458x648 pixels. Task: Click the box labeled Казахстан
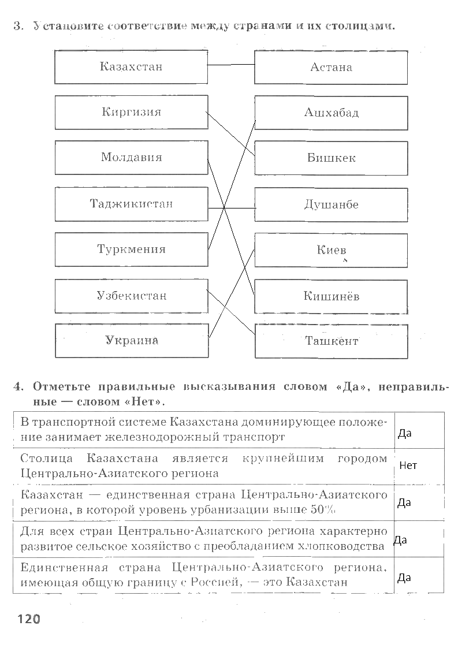tap(131, 66)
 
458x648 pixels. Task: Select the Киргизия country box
tap(131, 112)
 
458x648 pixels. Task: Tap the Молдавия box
tap(131, 158)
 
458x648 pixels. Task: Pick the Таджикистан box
tap(131, 204)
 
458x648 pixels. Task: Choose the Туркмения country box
tap(131, 249)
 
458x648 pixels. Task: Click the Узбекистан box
tap(131, 296)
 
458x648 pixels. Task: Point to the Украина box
tap(131, 341)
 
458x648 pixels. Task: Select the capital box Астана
tap(331, 67)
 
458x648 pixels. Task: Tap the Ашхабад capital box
tap(331, 113)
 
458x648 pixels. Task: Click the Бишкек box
tap(331, 158)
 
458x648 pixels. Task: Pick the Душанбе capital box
tap(331, 204)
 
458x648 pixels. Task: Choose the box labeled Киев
tap(331, 250)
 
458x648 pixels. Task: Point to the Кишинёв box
tap(331, 296)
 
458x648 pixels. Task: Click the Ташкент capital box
tap(331, 341)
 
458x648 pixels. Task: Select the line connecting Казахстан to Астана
tap(231, 65)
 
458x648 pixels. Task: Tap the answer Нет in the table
tap(408, 465)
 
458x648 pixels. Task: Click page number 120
tap(28, 620)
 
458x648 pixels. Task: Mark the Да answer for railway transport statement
tap(404, 433)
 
